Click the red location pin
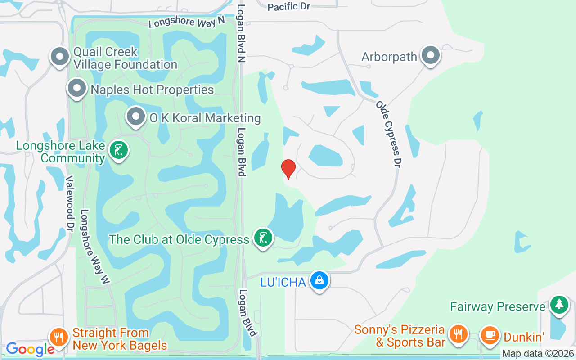click(x=288, y=169)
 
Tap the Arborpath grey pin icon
click(x=431, y=56)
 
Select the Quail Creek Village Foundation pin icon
click(x=59, y=57)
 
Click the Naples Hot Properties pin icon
click(x=77, y=89)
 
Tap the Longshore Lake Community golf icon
click(x=119, y=151)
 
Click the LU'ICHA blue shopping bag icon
click(x=319, y=281)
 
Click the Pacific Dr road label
click(x=289, y=6)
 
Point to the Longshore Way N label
click(x=186, y=22)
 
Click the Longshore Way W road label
click(x=95, y=247)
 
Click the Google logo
click(x=30, y=349)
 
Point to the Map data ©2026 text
click(x=538, y=354)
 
